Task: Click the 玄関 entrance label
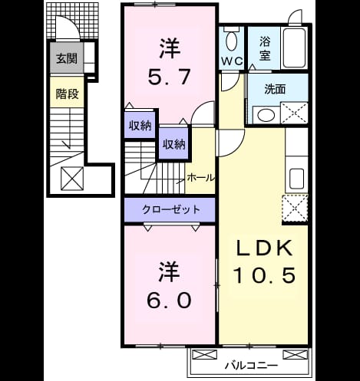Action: pos(67,58)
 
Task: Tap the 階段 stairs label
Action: pos(67,94)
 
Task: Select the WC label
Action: pos(232,61)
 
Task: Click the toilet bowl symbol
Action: pos(232,41)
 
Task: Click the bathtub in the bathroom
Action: pos(294,48)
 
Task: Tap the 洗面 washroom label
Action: pos(275,90)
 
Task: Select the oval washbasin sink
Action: pos(266,115)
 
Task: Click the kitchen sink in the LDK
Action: pos(296,179)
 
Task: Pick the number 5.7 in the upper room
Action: pos(169,77)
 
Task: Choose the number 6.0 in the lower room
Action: pos(169,300)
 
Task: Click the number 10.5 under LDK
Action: pos(265,275)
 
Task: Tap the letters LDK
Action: pos(265,248)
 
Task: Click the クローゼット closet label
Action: pos(170,209)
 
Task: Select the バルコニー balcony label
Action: pos(251,366)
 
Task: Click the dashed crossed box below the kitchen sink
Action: pos(295,209)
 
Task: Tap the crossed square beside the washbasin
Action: pos(294,113)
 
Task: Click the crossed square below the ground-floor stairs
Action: pos(72,179)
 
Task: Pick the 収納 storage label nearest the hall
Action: pos(174,144)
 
